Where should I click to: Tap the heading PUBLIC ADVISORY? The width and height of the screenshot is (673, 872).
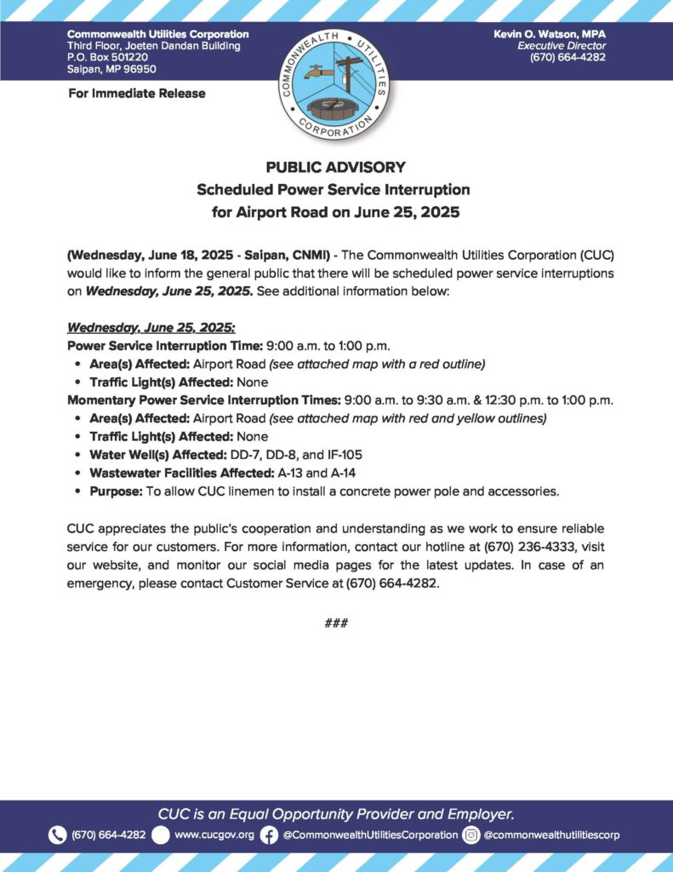click(336, 167)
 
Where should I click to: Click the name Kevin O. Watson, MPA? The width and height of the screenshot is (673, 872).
click(550, 33)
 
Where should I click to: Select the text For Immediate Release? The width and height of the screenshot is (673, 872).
click(136, 93)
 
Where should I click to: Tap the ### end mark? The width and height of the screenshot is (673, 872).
click(336, 623)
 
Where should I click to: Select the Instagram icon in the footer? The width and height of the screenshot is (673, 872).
click(471, 835)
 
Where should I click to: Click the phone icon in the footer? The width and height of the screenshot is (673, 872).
click(58, 835)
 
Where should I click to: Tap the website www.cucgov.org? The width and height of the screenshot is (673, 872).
click(214, 835)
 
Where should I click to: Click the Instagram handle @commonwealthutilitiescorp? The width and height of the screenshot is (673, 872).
click(551, 835)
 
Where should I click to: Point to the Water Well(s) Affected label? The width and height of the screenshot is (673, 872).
click(149, 455)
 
